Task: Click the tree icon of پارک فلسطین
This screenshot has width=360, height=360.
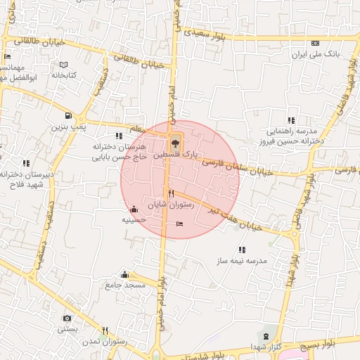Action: point(175,143)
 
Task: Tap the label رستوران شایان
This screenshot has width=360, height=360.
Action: point(166,204)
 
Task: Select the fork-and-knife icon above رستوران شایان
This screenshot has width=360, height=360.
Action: point(170,193)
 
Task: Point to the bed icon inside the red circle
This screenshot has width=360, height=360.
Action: point(180,224)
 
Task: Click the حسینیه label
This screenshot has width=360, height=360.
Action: point(134,219)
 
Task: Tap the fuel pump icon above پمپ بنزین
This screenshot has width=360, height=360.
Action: point(67,116)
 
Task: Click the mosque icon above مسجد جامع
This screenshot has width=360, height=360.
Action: point(125,274)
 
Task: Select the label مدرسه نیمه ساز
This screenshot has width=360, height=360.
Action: point(243,260)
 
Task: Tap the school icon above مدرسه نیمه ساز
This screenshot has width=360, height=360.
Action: point(243,250)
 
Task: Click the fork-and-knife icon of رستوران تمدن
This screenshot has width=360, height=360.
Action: point(105,330)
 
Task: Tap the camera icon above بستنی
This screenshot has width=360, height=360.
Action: point(67,319)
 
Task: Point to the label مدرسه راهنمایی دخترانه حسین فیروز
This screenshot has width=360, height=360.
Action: point(291,136)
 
